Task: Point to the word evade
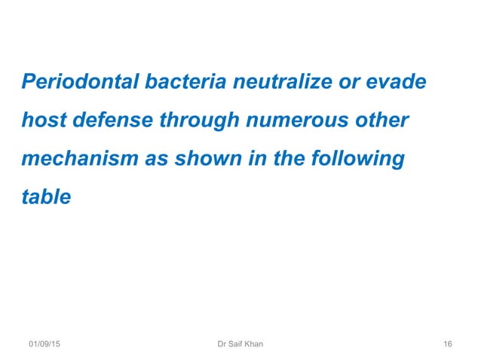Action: pyautogui.click(x=400, y=81)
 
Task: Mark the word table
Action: pyautogui.click(x=46, y=198)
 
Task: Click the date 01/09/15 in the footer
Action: pyautogui.click(x=45, y=344)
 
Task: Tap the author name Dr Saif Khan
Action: pyautogui.click(x=240, y=344)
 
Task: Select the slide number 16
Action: pyautogui.click(x=448, y=344)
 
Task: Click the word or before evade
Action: pyautogui.click(x=347, y=81)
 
